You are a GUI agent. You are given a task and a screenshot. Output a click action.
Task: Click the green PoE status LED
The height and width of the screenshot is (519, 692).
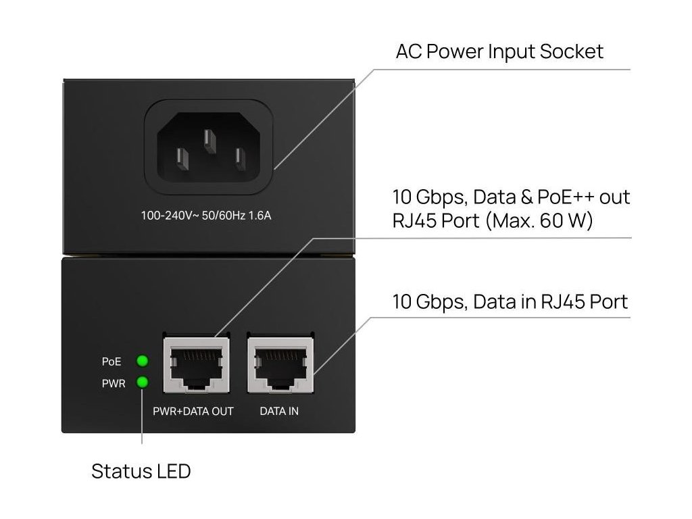click(143, 361)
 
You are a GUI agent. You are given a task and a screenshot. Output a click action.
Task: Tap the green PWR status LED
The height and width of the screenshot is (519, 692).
click(143, 382)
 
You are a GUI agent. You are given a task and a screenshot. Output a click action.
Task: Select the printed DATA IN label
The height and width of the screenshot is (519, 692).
click(279, 411)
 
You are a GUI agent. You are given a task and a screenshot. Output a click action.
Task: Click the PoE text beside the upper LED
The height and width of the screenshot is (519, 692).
click(112, 362)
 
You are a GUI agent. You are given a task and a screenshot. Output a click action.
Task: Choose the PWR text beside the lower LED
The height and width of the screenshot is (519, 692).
click(113, 383)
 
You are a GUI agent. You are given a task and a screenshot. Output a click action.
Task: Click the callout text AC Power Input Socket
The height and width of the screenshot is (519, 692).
click(499, 51)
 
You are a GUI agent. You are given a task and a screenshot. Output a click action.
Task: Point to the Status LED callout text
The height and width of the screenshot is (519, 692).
click(141, 471)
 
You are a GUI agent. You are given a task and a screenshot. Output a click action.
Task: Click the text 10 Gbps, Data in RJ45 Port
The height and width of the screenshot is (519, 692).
click(510, 301)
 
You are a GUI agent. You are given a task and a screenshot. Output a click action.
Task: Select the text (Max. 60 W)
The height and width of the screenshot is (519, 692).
click(538, 220)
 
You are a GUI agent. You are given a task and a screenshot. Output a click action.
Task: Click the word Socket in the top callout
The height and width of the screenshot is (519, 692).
click(574, 51)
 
